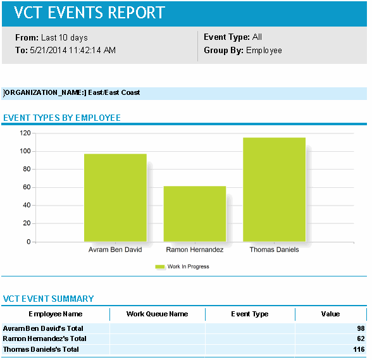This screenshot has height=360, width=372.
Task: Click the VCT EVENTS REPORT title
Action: click(90, 13)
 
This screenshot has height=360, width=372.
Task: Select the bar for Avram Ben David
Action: click(115, 197)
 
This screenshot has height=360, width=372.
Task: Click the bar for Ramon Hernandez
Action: click(195, 214)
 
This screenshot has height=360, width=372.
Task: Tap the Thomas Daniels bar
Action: click(274, 189)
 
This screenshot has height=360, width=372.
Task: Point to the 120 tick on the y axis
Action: click(25, 133)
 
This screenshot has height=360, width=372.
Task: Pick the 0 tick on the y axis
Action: click(28, 242)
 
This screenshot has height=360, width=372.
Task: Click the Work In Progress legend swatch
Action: click(159, 267)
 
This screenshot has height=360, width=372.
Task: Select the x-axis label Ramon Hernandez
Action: click(195, 250)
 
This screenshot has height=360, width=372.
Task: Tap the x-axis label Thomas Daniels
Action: click(274, 250)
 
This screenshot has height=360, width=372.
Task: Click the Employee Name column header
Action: click(56, 314)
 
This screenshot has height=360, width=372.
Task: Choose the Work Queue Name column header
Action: click(158, 314)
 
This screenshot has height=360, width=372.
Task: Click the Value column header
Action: click(330, 314)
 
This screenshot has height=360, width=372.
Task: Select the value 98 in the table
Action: click(361, 329)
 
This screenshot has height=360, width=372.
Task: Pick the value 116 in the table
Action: click(359, 349)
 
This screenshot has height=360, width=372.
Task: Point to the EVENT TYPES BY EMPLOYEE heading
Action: click(62, 118)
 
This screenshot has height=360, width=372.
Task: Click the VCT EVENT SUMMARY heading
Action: click(49, 299)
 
